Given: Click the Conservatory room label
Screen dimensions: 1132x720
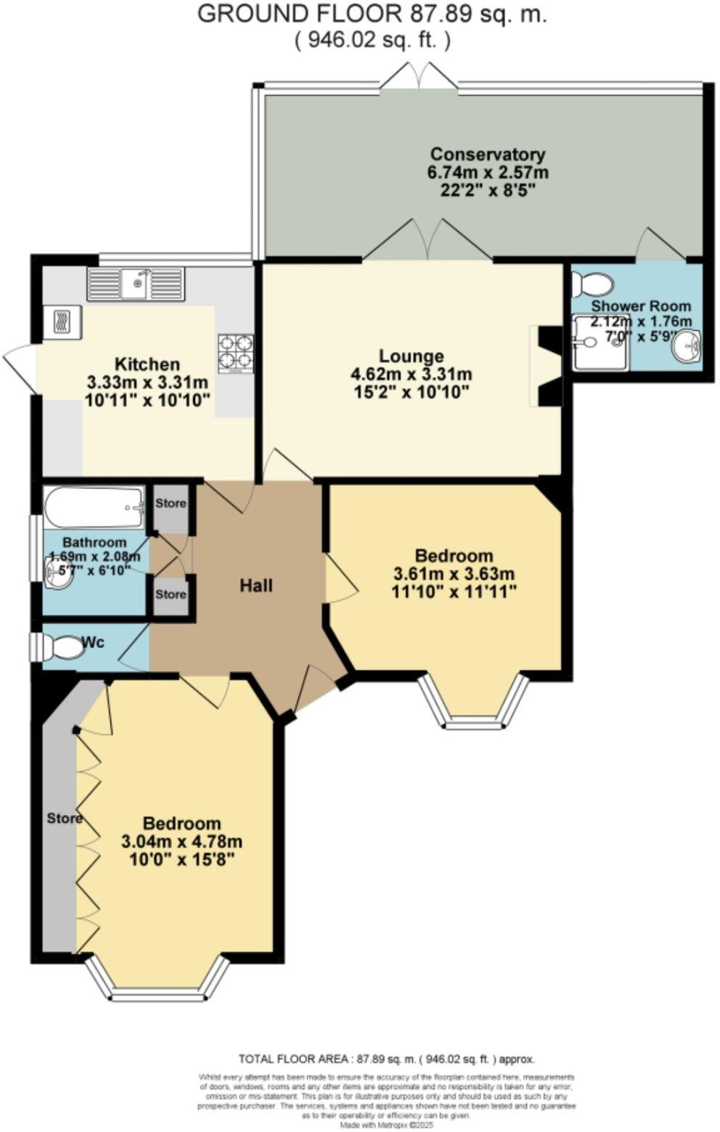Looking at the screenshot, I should (x=487, y=155).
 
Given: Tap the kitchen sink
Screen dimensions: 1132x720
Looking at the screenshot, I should (x=136, y=283).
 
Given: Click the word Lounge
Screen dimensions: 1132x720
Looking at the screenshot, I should (x=411, y=356).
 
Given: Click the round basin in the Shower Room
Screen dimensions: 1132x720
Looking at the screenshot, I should (x=686, y=344).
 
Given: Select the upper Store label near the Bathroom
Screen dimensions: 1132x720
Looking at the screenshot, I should (x=171, y=503).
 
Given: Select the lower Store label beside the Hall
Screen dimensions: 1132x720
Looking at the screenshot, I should (x=171, y=594).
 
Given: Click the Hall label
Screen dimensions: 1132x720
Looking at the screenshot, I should (x=256, y=585).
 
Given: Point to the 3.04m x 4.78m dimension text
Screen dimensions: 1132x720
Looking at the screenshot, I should (x=181, y=842).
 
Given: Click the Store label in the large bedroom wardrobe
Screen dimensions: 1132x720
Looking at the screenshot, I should (x=65, y=819).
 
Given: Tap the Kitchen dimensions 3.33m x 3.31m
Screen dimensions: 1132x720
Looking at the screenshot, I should (x=147, y=382).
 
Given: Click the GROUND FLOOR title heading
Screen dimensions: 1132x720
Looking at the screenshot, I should (x=372, y=14).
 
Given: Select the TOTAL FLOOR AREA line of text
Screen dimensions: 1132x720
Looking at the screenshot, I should (x=386, y=1059).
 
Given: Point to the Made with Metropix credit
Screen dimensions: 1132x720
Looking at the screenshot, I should (x=387, y=1125).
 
